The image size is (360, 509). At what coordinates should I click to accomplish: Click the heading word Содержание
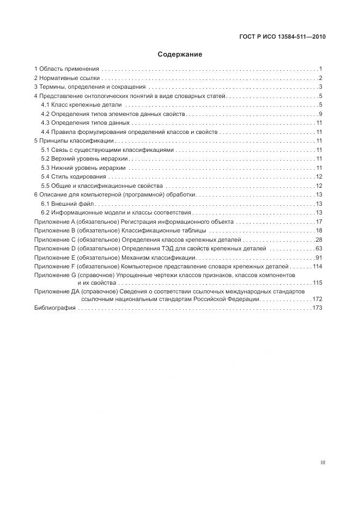[180, 54]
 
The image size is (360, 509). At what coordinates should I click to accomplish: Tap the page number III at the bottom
[323, 462]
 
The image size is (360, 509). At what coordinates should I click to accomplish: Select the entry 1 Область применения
[66, 69]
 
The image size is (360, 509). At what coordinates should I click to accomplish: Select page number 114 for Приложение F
[318, 266]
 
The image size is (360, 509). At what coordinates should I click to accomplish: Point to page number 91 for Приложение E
[320, 257]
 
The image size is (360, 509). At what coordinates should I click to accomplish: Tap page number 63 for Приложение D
[320, 248]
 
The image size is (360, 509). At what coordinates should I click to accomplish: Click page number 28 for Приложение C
[320, 240]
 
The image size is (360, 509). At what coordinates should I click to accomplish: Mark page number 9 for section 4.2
[321, 114]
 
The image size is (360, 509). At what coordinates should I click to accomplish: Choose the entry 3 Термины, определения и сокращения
[90, 87]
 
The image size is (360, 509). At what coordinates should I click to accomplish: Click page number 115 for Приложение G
[318, 283]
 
